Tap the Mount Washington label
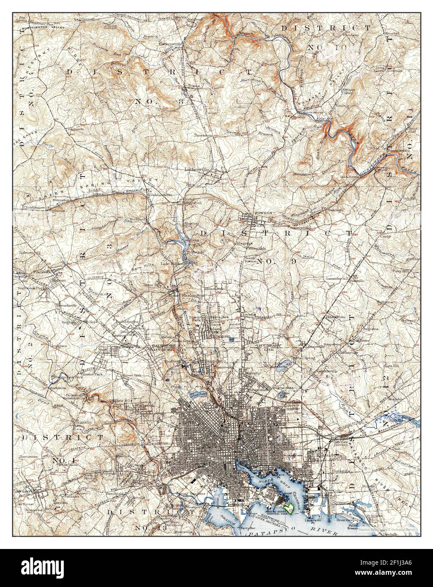coord(186,295)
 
